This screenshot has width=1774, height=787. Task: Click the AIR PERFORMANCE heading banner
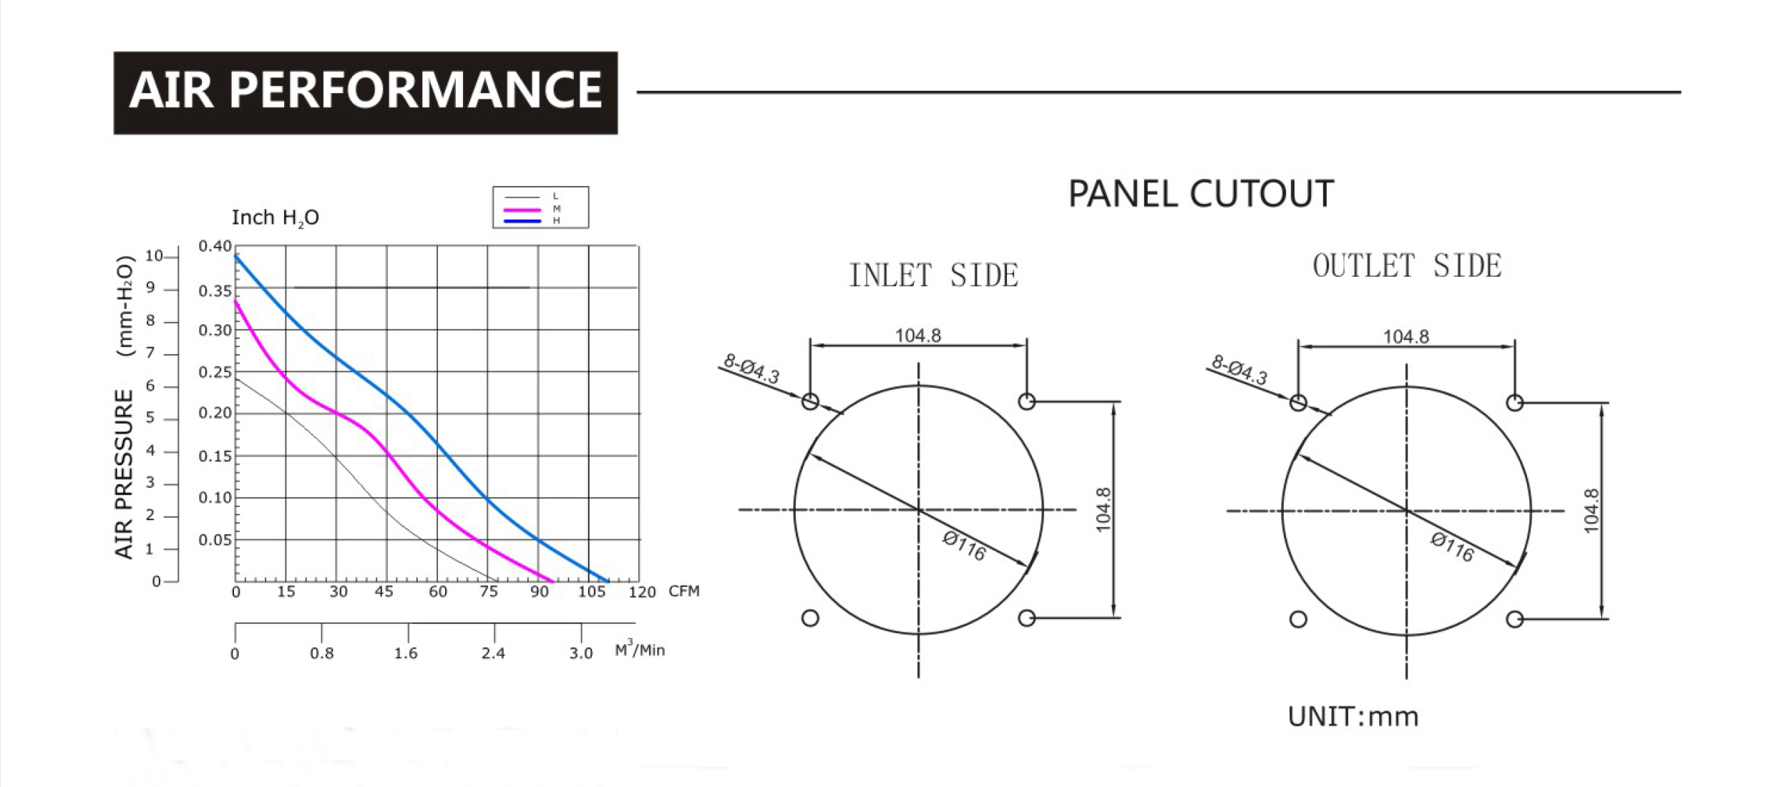(x=366, y=92)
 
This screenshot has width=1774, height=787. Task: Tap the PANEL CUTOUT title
(x=1201, y=194)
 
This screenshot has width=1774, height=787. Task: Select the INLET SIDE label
(x=933, y=275)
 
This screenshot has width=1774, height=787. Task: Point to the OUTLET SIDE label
(x=1407, y=266)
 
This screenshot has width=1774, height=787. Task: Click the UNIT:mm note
(x=1353, y=716)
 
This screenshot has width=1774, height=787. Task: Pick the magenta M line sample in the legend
(x=522, y=210)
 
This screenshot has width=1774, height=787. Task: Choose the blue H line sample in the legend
(x=522, y=221)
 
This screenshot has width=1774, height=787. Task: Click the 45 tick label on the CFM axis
(x=384, y=592)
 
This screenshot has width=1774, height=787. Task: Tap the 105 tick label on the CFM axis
(x=591, y=592)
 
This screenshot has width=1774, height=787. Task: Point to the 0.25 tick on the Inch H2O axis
(x=215, y=373)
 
